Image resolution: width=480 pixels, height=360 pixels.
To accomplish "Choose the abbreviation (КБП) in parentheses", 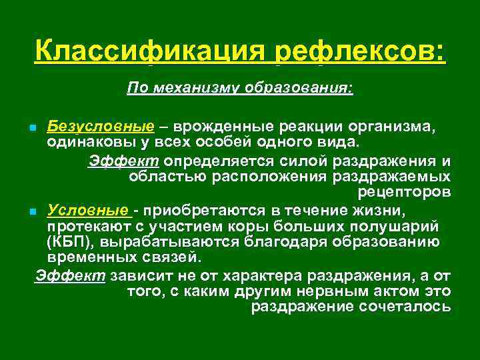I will (68, 241).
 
